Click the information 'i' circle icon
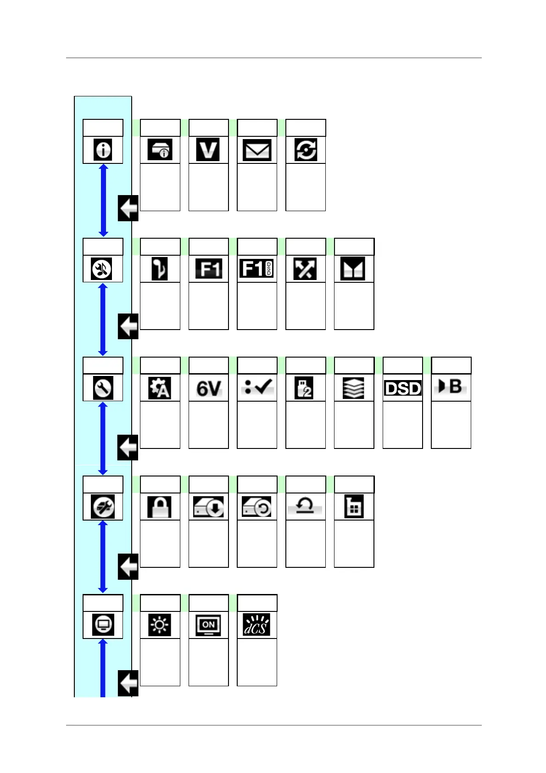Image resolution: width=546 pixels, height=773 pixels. [x=103, y=150]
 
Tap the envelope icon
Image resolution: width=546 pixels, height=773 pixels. [x=257, y=150]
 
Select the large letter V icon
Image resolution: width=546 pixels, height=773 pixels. [x=208, y=150]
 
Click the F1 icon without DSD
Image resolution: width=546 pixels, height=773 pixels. [x=208, y=269]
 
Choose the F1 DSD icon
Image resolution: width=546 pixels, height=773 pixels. [x=257, y=269]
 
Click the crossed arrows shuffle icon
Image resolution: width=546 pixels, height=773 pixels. [x=306, y=269]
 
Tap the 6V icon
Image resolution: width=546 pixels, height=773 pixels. [x=208, y=388]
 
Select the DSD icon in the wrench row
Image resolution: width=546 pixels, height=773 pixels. [x=402, y=388]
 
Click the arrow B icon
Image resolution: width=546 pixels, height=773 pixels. [x=451, y=386]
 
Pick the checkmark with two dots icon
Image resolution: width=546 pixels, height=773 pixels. [x=257, y=387]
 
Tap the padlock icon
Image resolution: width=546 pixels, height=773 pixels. [x=160, y=507]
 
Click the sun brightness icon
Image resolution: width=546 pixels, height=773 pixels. [x=160, y=625]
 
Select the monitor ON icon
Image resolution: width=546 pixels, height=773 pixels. [x=208, y=625]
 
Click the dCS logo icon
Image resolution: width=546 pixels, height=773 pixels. [x=257, y=625]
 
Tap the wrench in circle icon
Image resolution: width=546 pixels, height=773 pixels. [x=103, y=388]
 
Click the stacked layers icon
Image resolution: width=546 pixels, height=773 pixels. [x=354, y=388]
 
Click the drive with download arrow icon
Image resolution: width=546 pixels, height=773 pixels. [x=208, y=507]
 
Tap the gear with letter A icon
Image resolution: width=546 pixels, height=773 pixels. [x=160, y=388]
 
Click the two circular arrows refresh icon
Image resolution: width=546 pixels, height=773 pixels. [x=306, y=150]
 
